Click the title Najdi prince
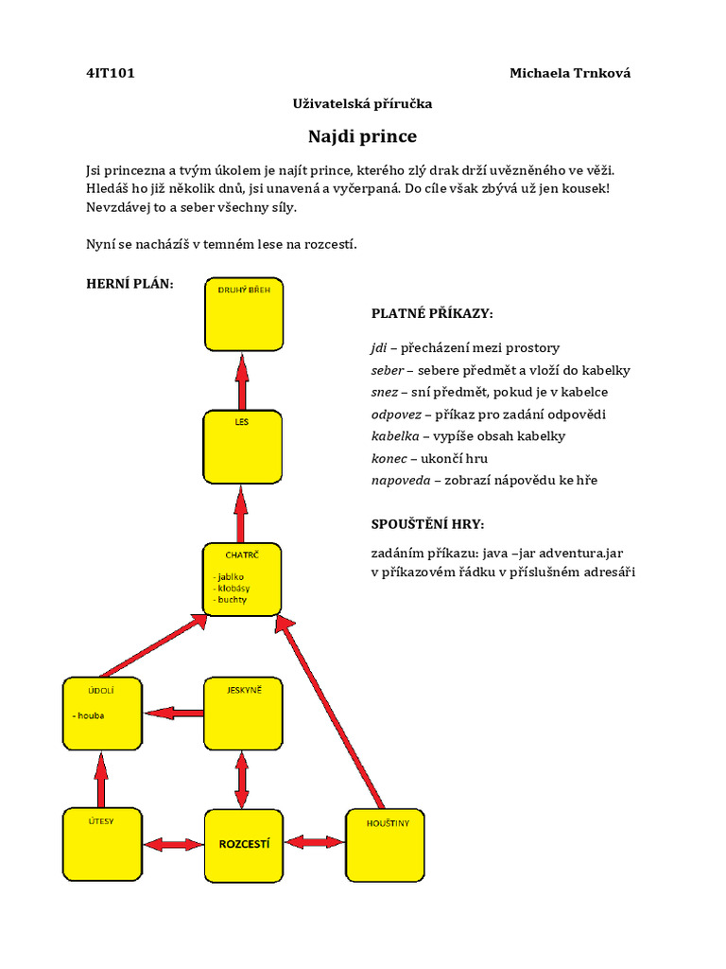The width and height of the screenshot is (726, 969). click(x=362, y=136)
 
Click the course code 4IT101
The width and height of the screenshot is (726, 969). click(x=110, y=73)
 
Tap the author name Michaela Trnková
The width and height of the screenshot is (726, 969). click(x=569, y=73)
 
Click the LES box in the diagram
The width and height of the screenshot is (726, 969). click(x=242, y=447)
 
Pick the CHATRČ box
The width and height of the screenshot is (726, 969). click(x=242, y=578)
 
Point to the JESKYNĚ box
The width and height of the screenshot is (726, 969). click(x=243, y=712)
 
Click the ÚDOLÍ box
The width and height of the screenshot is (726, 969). click(x=101, y=712)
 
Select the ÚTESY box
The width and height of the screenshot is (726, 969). click(x=101, y=844)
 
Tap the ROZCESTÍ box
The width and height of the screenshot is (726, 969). click(x=243, y=844)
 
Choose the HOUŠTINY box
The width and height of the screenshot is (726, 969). click(x=385, y=844)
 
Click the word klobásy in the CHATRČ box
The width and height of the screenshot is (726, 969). click(x=233, y=588)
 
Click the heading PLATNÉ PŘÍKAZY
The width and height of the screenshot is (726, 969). click(x=432, y=313)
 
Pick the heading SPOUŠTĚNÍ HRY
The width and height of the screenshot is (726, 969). click(x=427, y=524)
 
